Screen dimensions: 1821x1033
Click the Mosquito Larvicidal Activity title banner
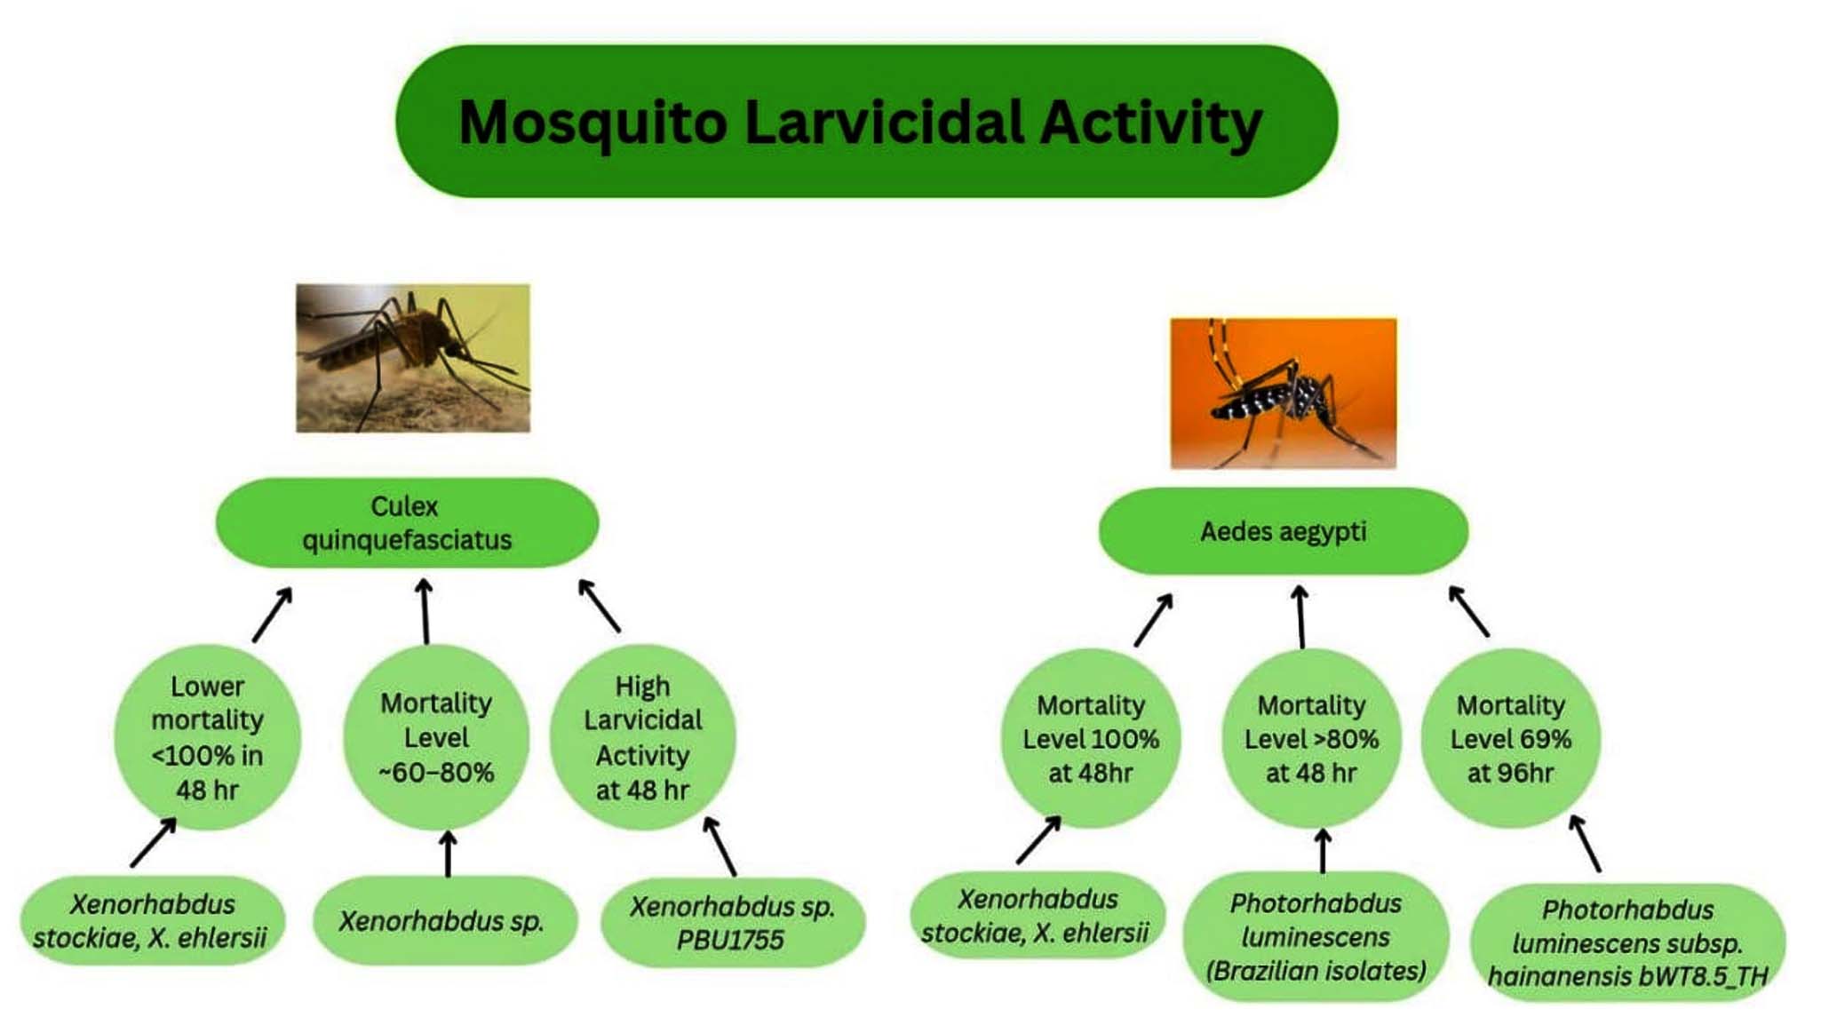[x=866, y=121]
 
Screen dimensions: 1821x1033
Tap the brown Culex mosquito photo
[x=413, y=358]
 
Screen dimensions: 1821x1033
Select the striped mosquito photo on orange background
[x=1283, y=393]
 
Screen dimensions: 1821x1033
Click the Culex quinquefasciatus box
[x=407, y=523]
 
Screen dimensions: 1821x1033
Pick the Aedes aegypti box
[x=1284, y=531]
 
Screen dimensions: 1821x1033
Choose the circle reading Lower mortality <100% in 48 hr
[x=208, y=737]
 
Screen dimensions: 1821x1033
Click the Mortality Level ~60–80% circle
[x=436, y=737]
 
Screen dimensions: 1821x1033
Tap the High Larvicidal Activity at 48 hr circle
[x=643, y=737]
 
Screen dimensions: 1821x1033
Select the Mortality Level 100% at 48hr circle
[x=1091, y=739]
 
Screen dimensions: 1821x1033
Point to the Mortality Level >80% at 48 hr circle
[x=1311, y=739]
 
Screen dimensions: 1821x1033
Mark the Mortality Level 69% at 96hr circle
[x=1511, y=739]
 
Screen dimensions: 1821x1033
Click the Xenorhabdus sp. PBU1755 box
[x=733, y=922]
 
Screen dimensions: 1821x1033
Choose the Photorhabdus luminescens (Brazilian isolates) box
[x=1316, y=937]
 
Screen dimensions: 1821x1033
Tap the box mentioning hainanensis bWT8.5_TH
[x=1627, y=942]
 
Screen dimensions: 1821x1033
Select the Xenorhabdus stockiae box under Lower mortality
[x=152, y=920]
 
